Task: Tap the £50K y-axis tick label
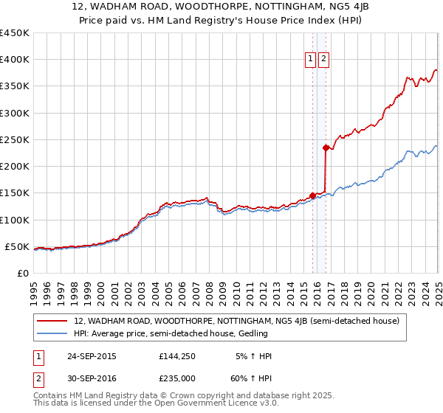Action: point(18,246)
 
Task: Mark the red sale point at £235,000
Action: point(326,147)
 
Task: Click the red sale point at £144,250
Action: point(312,195)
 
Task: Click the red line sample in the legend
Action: point(52,321)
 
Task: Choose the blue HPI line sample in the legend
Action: point(52,334)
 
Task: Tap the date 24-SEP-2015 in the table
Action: point(92,356)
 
